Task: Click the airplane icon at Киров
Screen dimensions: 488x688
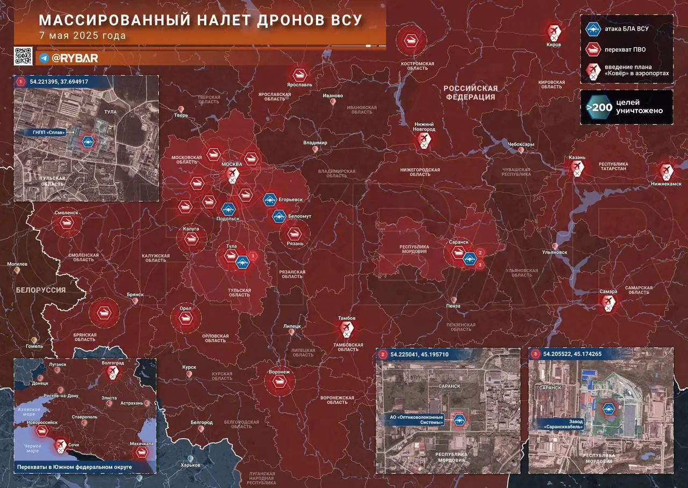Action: click(554, 31)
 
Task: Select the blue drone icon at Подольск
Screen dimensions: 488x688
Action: click(228, 208)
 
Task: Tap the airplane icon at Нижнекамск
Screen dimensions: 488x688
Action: click(666, 171)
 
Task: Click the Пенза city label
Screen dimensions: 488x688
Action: click(453, 305)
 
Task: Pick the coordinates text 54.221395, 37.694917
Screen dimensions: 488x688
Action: click(59, 82)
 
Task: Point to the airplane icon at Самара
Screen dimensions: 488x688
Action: click(608, 302)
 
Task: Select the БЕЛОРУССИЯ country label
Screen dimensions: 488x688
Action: click(41, 290)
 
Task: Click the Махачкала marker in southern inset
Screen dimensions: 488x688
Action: click(142, 451)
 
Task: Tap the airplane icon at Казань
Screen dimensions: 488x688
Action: click(577, 169)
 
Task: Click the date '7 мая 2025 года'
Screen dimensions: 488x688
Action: click(83, 35)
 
